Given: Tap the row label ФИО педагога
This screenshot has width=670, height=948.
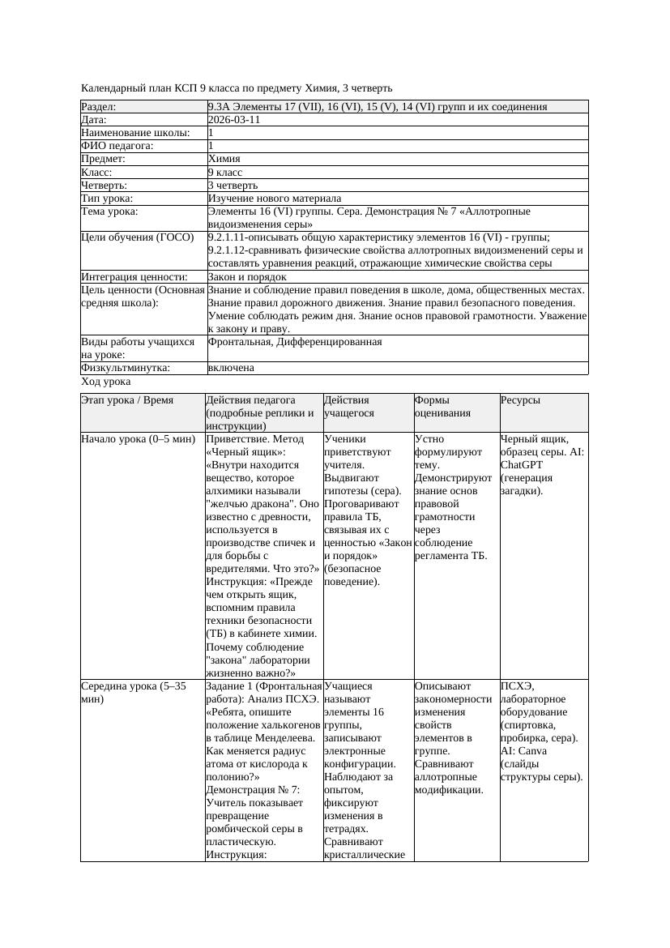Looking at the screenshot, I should coord(117,146).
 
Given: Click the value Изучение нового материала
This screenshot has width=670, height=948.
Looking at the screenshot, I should coord(275,199).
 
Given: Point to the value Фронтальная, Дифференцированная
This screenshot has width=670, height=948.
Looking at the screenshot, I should coord(295,342).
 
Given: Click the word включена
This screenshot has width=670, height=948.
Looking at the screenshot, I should coord(231,368).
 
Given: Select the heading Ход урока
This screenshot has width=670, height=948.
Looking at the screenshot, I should coord(106,381).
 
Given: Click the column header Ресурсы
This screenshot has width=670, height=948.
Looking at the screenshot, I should coord(520,400).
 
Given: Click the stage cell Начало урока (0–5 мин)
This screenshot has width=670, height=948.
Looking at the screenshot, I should coord(139,439).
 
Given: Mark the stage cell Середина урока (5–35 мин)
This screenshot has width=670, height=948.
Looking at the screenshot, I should coord(134,693).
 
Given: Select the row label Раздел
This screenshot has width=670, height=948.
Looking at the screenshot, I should coord(99,107).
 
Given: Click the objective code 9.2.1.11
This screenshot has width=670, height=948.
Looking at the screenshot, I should coord(233,237).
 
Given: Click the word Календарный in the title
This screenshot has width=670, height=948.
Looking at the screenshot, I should coord(110,88).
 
